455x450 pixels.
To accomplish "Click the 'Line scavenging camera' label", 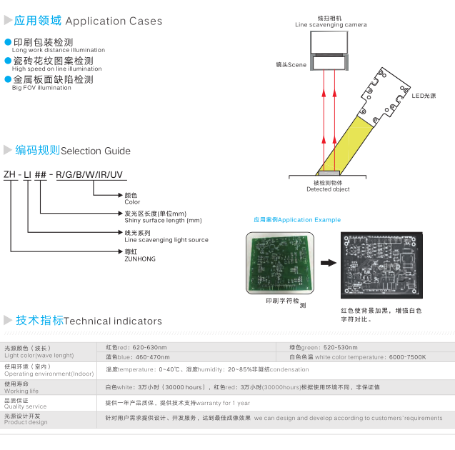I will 331,25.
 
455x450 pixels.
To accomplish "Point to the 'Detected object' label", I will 328,189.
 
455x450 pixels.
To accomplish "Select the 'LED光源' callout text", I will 423,95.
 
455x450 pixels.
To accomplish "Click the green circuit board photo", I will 279,264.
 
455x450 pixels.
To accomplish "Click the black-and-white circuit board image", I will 380,264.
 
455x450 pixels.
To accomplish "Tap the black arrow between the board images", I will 328,263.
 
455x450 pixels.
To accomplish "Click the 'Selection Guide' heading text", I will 96,151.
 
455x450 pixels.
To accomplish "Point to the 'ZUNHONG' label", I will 140,259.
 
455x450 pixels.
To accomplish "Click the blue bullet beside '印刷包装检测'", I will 8,42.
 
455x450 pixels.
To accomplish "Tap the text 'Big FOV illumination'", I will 41,88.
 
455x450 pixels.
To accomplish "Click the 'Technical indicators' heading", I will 113,321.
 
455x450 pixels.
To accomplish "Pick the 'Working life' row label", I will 22,391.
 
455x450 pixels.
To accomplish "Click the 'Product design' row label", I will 26,422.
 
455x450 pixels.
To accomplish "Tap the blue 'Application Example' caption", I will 297,220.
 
